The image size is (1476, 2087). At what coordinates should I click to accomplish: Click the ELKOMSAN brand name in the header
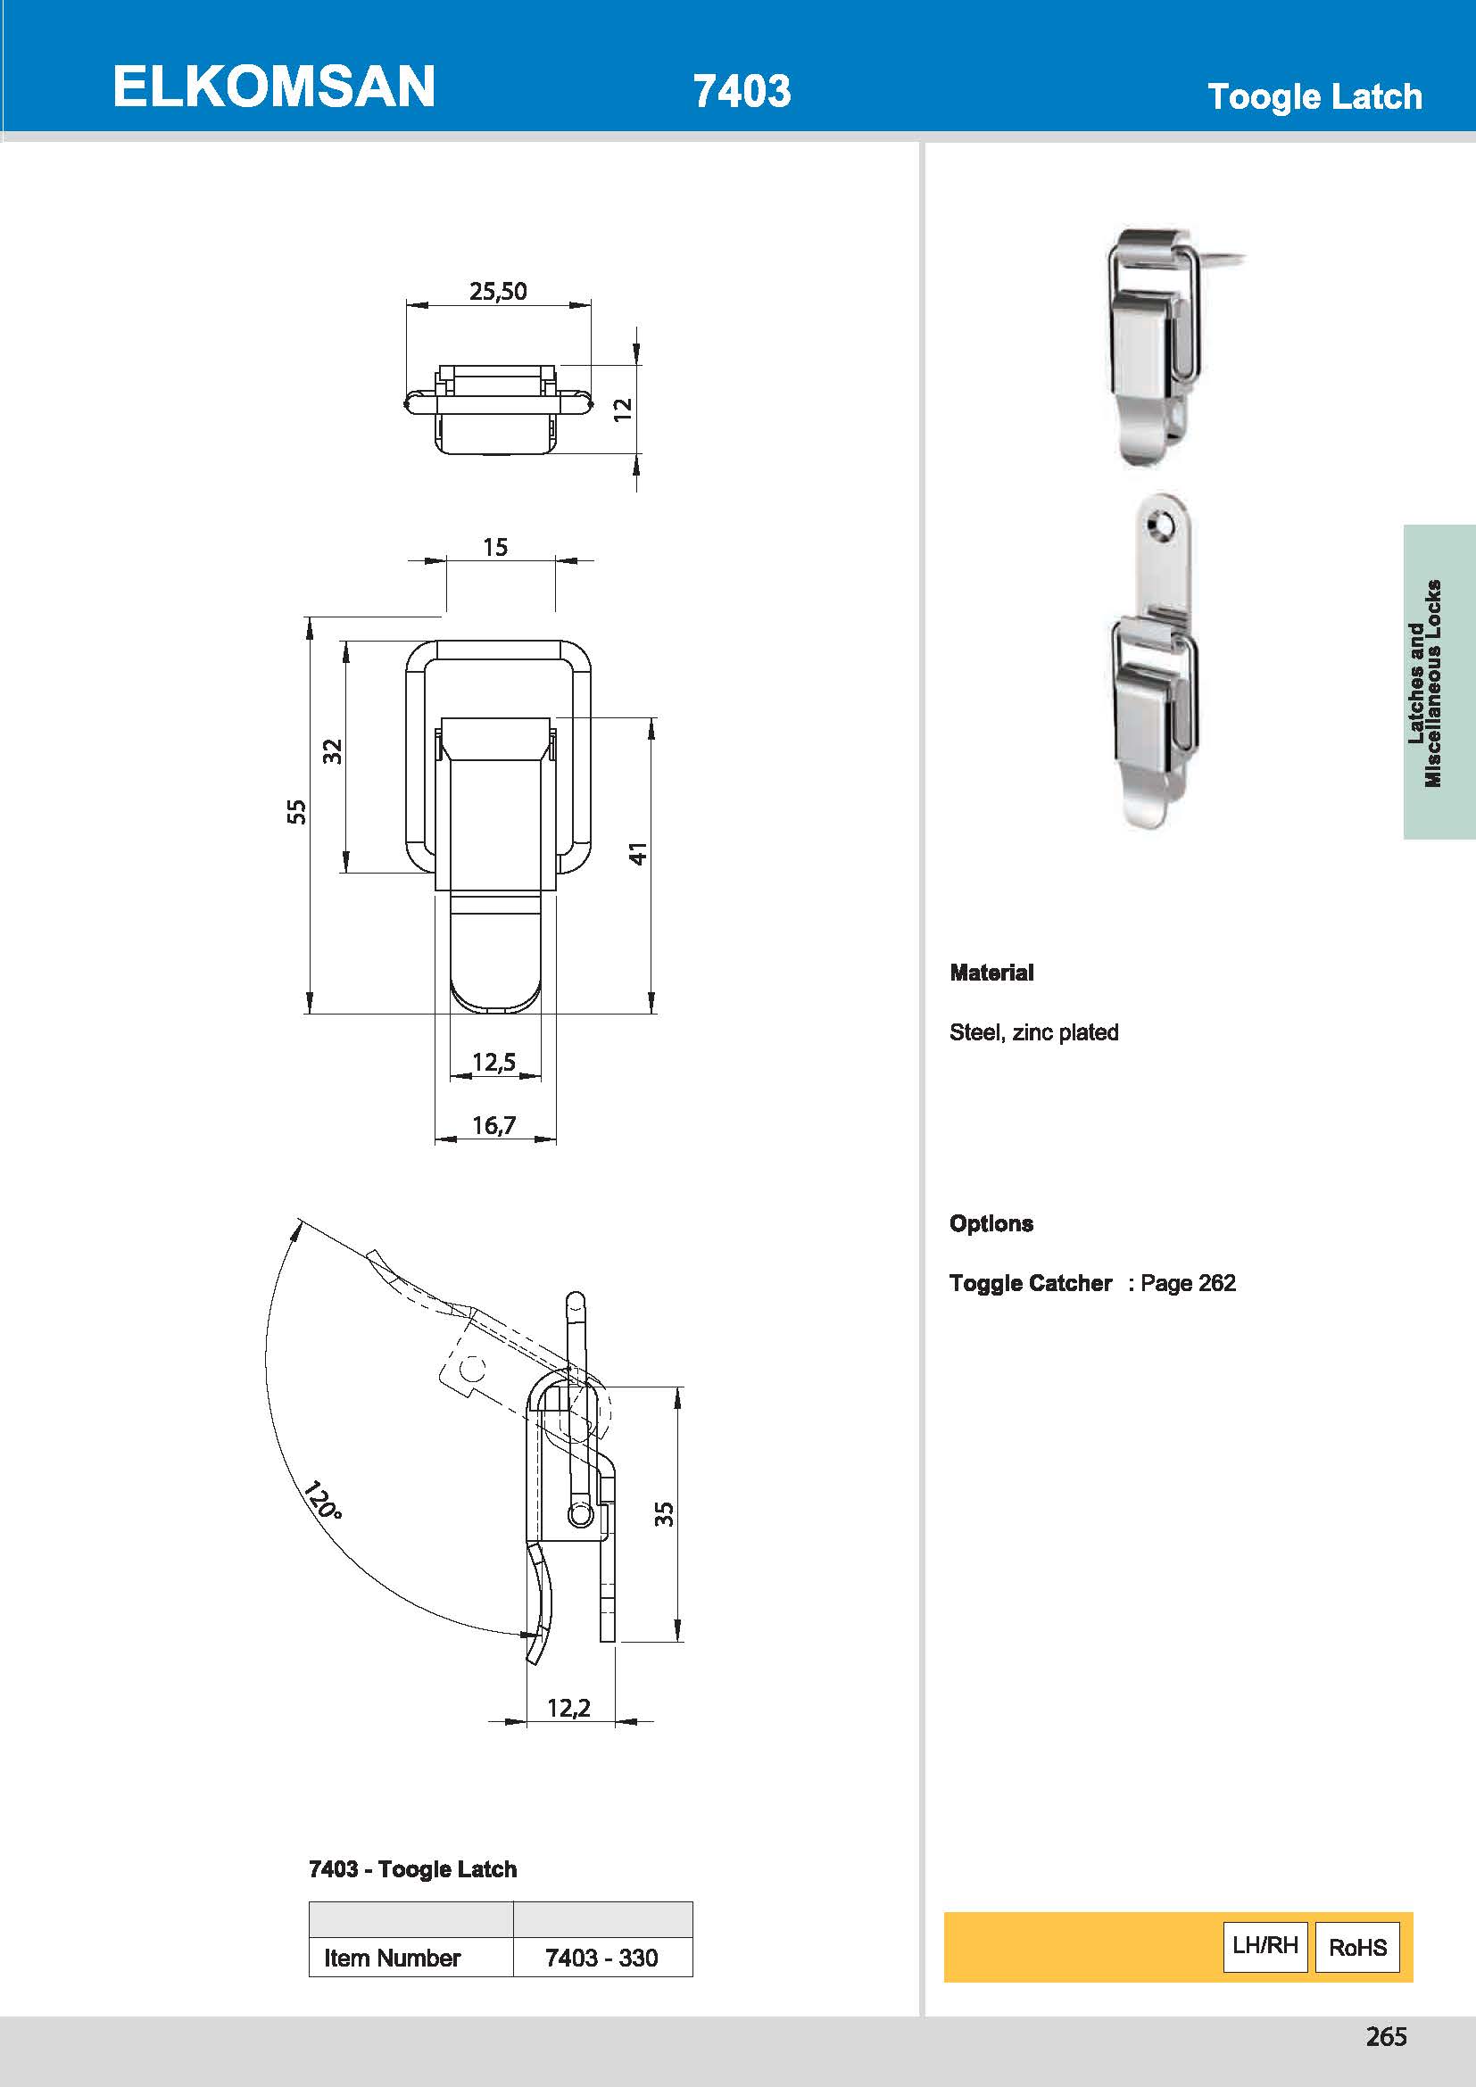(274, 87)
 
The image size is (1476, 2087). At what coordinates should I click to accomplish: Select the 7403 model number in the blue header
(742, 91)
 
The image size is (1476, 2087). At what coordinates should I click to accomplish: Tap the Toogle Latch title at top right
(1314, 96)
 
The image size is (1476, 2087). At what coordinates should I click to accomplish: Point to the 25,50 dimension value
(497, 291)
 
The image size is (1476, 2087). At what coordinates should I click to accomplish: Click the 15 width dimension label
(495, 547)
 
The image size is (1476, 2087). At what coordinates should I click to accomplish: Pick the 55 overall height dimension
(296, 812)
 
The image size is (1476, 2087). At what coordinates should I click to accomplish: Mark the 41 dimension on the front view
(638, 853)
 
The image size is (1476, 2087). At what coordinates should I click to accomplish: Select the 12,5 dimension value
(493, 1062)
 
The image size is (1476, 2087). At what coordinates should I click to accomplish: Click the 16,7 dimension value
(493, 1125)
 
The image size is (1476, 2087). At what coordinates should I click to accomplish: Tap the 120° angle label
(322, 1501)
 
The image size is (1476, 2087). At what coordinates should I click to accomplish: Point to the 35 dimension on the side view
(665, 1513)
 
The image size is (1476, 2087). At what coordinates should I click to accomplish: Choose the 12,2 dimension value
(568, 1708)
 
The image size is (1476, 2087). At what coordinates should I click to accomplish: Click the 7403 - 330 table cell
(601, 1957)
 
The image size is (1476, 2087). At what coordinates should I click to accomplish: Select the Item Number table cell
(393, 1957)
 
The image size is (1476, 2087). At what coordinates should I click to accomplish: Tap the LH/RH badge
(1265, 1945)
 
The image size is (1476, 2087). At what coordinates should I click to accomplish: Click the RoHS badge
(1357, 1947)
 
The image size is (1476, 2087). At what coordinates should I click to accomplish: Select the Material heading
(991, 973)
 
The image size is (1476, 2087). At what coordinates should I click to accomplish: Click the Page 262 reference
(1188, 1282)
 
